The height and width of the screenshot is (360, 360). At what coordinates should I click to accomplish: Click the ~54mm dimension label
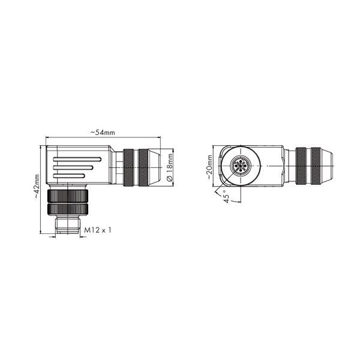tap(103, 133)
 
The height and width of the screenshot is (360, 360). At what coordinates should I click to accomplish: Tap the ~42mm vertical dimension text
tap(37, 186)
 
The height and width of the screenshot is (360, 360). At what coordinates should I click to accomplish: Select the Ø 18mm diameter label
tap(169, 167)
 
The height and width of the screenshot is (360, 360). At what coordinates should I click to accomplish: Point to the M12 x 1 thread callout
tap(98, 230)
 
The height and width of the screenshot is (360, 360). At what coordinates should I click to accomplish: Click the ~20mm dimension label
tap(209, 167)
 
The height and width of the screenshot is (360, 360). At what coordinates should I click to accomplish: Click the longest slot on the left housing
tap(77, 159)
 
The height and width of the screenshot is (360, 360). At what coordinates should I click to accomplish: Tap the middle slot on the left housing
tap(73, 167)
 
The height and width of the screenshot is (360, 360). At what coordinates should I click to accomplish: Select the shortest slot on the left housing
tap(69, 176)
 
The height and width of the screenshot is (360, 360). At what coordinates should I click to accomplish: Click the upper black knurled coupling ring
tap(68, 196)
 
